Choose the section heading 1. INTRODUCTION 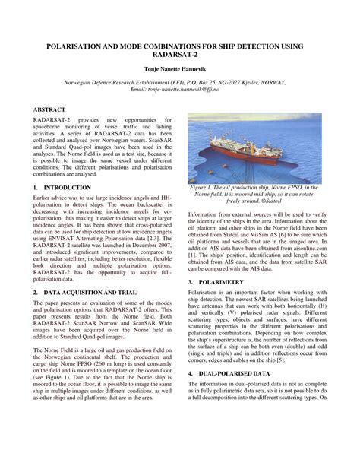point(62,186)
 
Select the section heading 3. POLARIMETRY point(220,281)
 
